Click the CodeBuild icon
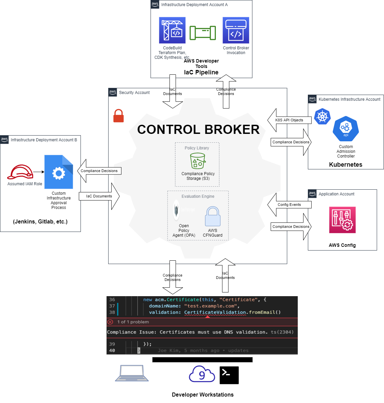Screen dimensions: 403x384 [172, 30]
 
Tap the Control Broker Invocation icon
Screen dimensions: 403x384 [236, 30]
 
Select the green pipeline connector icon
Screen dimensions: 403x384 [203, 33]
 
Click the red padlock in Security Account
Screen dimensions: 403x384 [118, 116]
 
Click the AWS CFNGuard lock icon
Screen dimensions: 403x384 [212, 216]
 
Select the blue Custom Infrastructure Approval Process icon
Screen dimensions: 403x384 [59, 172]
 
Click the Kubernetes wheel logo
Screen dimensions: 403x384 [322, 117]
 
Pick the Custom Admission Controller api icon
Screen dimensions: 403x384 [345, 129]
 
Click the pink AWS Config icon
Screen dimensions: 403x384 [342, 220]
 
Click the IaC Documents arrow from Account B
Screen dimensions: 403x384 [99, 196]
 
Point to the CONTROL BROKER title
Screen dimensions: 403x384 [198, 129]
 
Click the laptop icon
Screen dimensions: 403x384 [132, 373]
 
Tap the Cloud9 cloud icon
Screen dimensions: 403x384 [202, 374]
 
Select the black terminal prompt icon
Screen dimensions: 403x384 [229, 375]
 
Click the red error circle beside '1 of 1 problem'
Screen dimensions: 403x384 [110, 322]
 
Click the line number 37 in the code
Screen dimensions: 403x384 [112, 306]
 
